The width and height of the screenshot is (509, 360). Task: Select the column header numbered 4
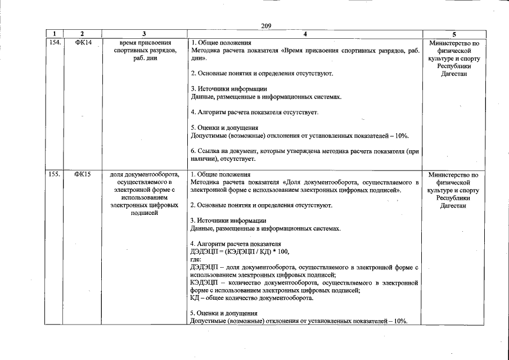click(x=304, y=34)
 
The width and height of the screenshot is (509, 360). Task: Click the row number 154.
click(x=54, y=43)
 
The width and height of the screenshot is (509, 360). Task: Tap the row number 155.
click(x=54, y=174)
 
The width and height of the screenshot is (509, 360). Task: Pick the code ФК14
click(x=83, y=43)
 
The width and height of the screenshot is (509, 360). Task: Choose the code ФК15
click(x=83, y=174)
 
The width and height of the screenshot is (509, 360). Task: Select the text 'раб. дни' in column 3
click(x=145, y=58)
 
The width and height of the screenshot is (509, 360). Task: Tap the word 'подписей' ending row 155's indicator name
click(x=145, y=214)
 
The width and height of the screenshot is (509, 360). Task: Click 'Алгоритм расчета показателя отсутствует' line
click(x=254, y=112)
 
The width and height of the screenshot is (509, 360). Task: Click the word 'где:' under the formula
click(x=196, y=259)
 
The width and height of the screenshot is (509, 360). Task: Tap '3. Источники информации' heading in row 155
click(x=228, y=220)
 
